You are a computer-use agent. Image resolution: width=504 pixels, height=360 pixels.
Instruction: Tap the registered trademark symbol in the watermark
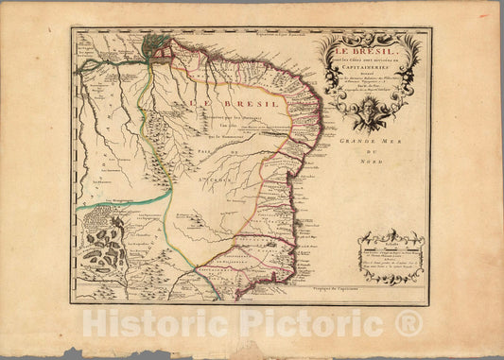click(408, 323)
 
